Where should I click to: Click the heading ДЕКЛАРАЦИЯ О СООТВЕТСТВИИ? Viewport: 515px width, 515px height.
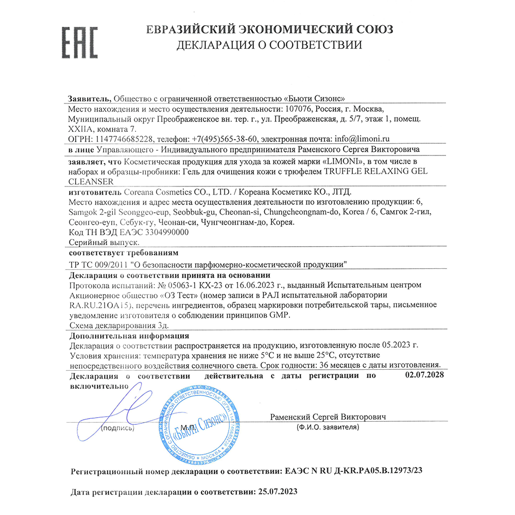click(269, 45)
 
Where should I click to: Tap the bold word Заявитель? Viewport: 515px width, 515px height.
click(89, 99)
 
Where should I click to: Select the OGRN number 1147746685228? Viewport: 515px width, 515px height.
click(124, 139)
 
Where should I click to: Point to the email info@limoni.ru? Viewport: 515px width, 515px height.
click(361, 139)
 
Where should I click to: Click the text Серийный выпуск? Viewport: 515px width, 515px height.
click(103, 242)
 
